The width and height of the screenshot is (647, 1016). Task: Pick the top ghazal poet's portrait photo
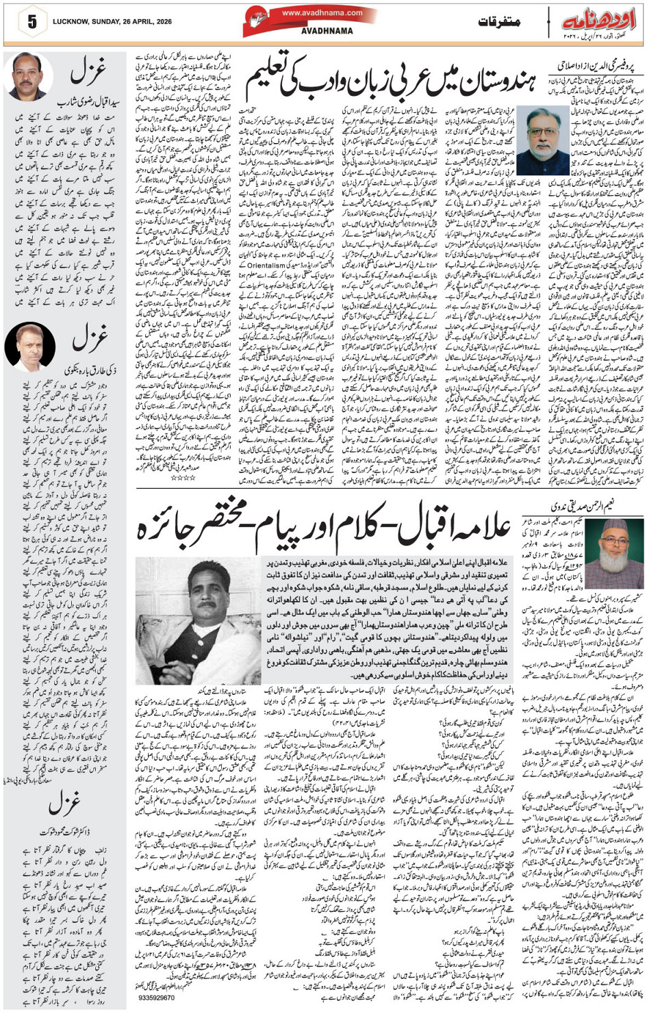(28, 77)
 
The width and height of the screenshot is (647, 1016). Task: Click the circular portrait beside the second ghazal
(29, 346)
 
